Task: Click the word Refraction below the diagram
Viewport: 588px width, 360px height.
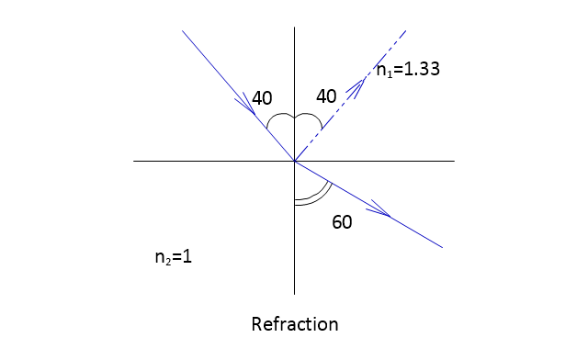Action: tap(295, 324)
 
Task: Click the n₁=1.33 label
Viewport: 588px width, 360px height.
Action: tap(408, 70)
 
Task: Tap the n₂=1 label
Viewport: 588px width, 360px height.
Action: tap(174, 257)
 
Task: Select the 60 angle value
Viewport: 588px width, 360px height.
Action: tap(342, 222)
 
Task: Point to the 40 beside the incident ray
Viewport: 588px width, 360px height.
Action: tap(262, 98)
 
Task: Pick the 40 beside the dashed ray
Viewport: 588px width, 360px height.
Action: tap(326, 96)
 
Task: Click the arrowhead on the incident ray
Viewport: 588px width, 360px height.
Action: tap(246, 104)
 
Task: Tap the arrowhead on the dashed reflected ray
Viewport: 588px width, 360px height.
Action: tap(356, 87)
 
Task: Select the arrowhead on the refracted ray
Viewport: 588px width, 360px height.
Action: tap(379, 209)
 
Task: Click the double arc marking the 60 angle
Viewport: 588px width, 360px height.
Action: tap(321, 197)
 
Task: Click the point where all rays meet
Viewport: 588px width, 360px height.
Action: tap(295, 162)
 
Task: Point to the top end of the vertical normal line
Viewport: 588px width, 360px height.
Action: tap(294, 28)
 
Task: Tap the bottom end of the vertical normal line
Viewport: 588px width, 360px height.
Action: tap(294, 295)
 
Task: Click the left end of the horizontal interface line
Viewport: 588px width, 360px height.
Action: tap(134, 162)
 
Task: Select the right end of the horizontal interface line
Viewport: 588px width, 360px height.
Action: tap(455, 162)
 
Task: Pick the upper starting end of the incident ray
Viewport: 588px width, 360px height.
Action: tap(182, 30)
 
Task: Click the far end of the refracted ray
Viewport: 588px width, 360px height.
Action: tap(443, 248)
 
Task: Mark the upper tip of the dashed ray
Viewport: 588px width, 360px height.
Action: tap(406, 30)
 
